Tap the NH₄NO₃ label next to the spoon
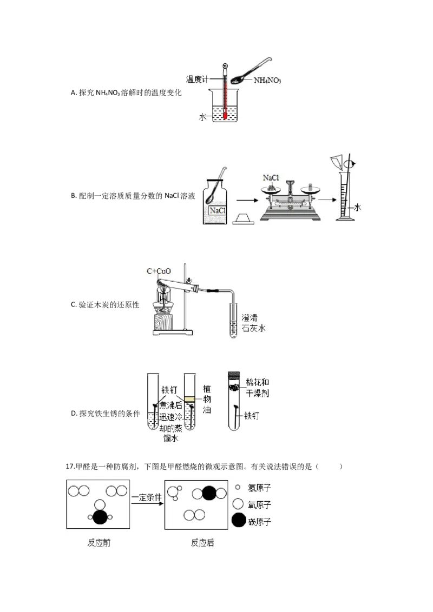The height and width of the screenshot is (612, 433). [267, 81]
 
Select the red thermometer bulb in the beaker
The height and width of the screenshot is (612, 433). [226, 115]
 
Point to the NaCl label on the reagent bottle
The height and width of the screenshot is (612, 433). [217, 211]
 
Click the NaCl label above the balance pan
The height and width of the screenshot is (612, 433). [271, 177]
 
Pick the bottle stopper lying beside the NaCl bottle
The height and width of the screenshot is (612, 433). [244, 219]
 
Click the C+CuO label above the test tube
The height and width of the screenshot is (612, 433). [159, 271]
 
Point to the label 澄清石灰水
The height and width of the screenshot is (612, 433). [253, 323]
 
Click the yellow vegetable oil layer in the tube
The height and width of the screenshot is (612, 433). [189, 399]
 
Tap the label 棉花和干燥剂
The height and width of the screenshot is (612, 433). [257, 388]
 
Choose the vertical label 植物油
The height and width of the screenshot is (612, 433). [207, 399]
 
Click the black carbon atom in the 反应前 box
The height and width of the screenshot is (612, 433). [100, 517]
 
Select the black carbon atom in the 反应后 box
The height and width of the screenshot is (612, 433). [209, 494]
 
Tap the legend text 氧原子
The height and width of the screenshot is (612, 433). [259, 504]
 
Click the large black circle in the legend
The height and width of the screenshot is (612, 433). [238, 521]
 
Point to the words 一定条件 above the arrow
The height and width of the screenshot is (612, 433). [147, 497]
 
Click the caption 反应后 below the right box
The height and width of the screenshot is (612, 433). [202, 542]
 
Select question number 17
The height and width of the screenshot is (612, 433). [70, 467]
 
